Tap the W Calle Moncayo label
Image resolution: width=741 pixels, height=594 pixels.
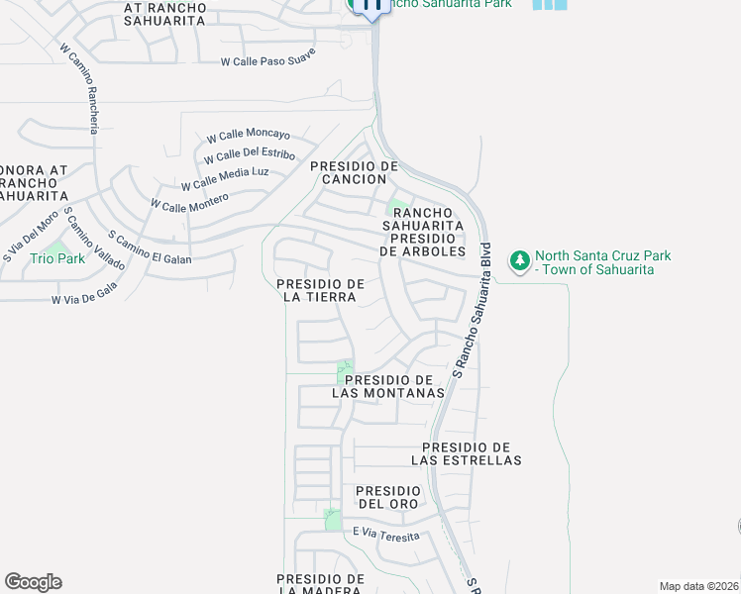pyautogui.click(x=248, y=136)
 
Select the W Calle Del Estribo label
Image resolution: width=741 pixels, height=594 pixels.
pyautogui.click(x=249, y=155)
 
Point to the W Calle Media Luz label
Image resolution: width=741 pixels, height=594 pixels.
pyautogui.click(x=225, y=178)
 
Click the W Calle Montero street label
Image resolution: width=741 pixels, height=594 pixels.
pyautogui.click(x=189, y=199)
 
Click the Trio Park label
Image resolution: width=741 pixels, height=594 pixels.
pyautogui.click(x=57, y=258)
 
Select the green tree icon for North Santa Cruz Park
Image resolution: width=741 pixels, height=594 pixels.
pyautogui.click(x=519, y=261)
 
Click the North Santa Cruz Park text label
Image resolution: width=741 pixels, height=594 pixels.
pyautogui.click(x=602, y=262)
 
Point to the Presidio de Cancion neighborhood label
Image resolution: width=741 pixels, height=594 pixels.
pyautogui.click(x=354, y=173)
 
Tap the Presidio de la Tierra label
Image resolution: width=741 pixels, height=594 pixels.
pyautogui.click(x=321, y=291)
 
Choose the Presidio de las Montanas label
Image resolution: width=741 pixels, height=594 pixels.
pyautogui.click(x=387, y=387)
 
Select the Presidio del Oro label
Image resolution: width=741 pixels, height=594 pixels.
pyautogui.click(x=388, y=497)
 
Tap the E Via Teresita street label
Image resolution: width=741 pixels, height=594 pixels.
pyautogui.click(x=385, y=536)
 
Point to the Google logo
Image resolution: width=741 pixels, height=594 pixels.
pyautogui.click(x=33, y=582)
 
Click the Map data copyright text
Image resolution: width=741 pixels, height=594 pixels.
pyautogui.click(x=698, y=586)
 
